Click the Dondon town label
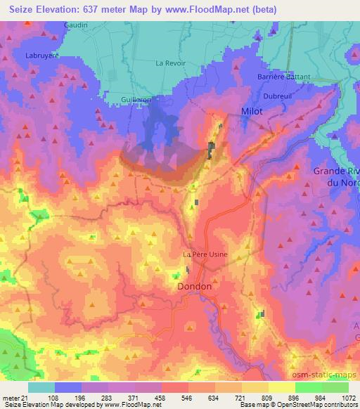pos(193,287)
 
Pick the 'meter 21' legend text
pos(15,397)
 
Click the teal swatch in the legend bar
pos(41,387)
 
